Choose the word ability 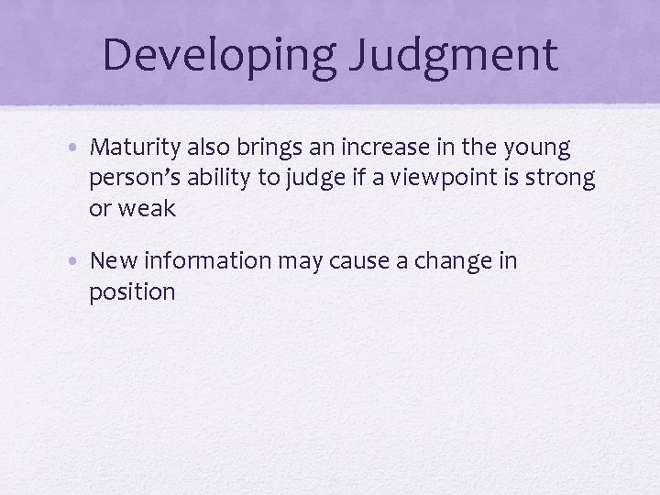221,179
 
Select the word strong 562,179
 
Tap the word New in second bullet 112,261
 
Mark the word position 132,292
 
